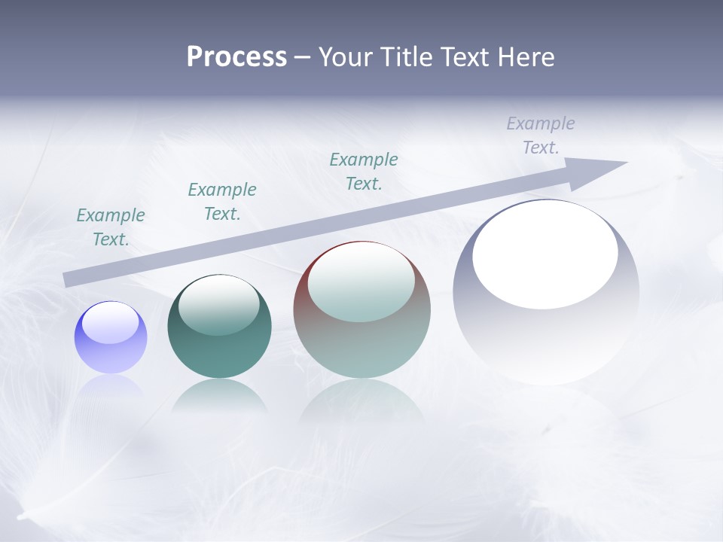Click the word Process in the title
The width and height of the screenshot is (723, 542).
pyautogui.click(x=236, y=57)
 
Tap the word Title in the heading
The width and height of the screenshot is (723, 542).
pyautogui.click(x=407, y=57)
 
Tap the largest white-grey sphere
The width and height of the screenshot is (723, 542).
pyautogui.click(x=546, y=339)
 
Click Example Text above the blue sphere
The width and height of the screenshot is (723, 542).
pyautogui.click(x=111, y=227)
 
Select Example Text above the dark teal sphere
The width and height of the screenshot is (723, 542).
pyautogui.click(x=222, y=202)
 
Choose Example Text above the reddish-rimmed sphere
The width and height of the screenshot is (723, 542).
pyautogui.click(x=364, y=172)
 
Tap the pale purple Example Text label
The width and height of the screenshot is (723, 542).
pyautogui.click(x=541, y=135)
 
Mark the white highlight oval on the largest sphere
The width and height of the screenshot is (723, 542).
pyautogui.click(x=545, y=254)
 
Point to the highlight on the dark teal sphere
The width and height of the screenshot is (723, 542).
pyautogui.click(x=219, y=305)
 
